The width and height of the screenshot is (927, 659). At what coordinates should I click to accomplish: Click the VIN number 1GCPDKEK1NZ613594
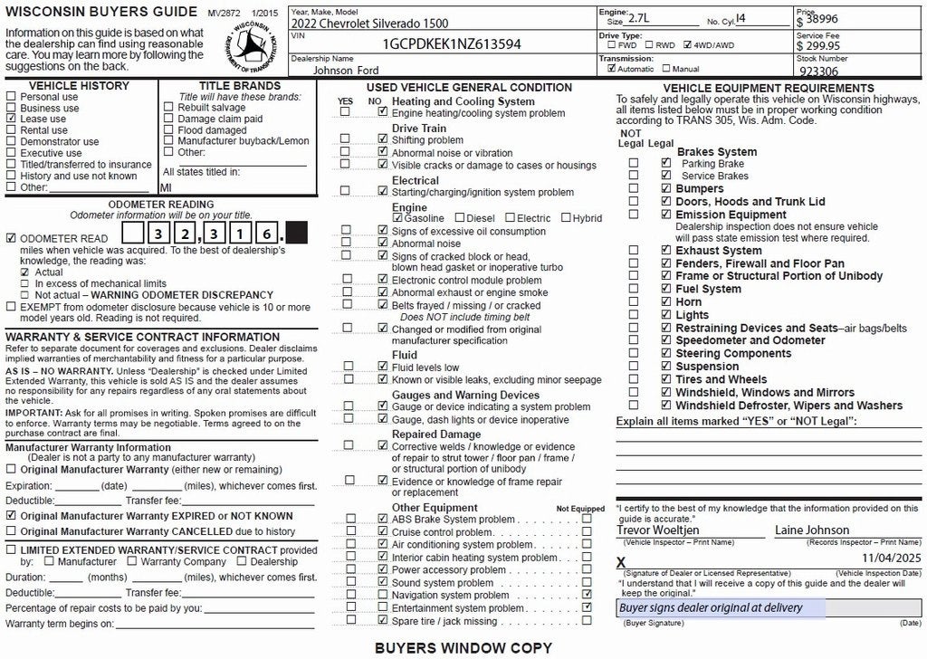tap(452, 43)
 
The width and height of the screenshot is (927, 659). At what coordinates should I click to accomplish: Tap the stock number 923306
tap(820, 70)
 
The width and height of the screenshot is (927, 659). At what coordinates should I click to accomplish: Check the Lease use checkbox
tap(12, 119)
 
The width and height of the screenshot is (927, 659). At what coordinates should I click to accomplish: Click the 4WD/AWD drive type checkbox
tap(688, 44)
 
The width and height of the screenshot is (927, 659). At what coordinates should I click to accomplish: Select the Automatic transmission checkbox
tap(612, 68)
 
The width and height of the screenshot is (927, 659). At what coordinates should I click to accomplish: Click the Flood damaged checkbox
tap(168, 130)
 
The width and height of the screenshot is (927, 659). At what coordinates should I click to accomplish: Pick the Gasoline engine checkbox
tap(397, 218)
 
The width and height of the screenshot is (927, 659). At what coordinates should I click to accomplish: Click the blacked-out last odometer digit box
tap(297, 233)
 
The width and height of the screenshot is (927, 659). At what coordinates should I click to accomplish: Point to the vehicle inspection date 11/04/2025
tap(891, 559)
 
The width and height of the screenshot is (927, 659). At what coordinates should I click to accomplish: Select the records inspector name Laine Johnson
tap(812, 530)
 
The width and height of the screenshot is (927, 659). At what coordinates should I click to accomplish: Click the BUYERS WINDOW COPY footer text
tap(463, 648)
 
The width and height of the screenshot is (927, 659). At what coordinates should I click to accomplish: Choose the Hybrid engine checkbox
tap(566, 218)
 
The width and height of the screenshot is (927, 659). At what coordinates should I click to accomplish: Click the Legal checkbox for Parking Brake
tap(666, 164)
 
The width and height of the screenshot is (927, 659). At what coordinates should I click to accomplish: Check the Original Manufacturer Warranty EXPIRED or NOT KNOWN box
tap(11, 515)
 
